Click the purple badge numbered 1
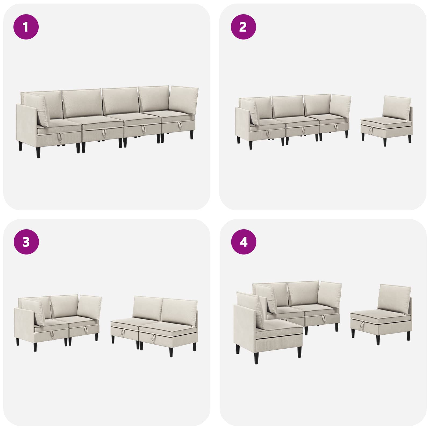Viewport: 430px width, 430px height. click(26, 27)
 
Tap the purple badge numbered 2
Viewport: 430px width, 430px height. click(243, 27)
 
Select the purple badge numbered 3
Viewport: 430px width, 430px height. click(26, 242)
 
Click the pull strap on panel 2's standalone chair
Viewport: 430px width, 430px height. click(371, 130)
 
